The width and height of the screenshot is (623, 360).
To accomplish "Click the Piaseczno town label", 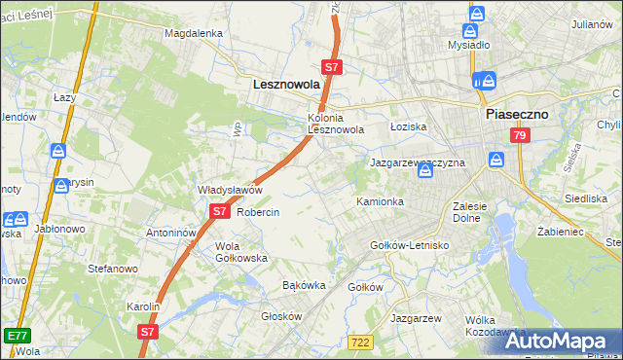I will (517, 114).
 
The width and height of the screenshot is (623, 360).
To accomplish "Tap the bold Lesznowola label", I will (286, 85).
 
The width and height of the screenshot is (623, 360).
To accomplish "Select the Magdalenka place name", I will (194, 32).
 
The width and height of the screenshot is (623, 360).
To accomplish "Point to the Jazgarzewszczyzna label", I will (417, 162).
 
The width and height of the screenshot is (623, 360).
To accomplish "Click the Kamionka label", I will (380, 201).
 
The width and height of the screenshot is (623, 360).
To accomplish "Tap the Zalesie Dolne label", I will (476, 212).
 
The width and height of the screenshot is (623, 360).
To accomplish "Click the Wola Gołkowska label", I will (240, 252).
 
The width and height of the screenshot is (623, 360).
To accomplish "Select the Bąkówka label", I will (303, 286).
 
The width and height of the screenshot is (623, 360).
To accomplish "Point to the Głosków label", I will (282, 316).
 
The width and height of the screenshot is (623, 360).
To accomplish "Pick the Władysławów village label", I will (230, 190).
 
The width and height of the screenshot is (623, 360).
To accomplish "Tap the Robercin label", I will (258, 212).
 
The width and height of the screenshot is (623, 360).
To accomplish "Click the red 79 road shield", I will (520, 135).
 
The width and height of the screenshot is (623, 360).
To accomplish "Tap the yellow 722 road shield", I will (360, 340).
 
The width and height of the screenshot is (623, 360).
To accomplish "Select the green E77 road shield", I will (17, 336).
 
